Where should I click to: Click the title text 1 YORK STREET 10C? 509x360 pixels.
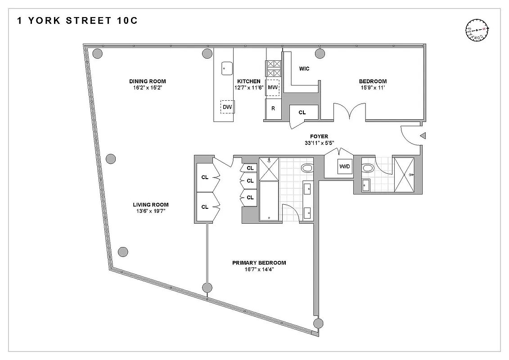pos(77,21)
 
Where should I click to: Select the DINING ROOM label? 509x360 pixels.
pos(147,81)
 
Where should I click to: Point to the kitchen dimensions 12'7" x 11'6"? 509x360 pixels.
pos(248,88)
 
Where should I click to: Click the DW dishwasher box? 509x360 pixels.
pos(227,107)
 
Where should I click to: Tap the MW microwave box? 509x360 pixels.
pos(273,87)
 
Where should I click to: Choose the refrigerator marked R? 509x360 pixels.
pos(273,108)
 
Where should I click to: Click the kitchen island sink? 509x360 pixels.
pos(226,68)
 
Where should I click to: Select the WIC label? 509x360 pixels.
pos(304,69)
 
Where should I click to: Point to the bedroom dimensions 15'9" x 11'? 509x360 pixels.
pos(372,88)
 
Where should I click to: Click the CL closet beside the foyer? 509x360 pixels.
pos(302,112)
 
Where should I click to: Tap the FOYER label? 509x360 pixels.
pos(319,136)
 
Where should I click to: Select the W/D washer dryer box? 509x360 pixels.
pos(344,167)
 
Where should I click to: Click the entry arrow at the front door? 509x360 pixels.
pos(423,135)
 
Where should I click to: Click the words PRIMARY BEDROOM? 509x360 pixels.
pos(259,263)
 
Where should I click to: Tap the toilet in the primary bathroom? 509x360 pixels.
pos(307,168)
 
